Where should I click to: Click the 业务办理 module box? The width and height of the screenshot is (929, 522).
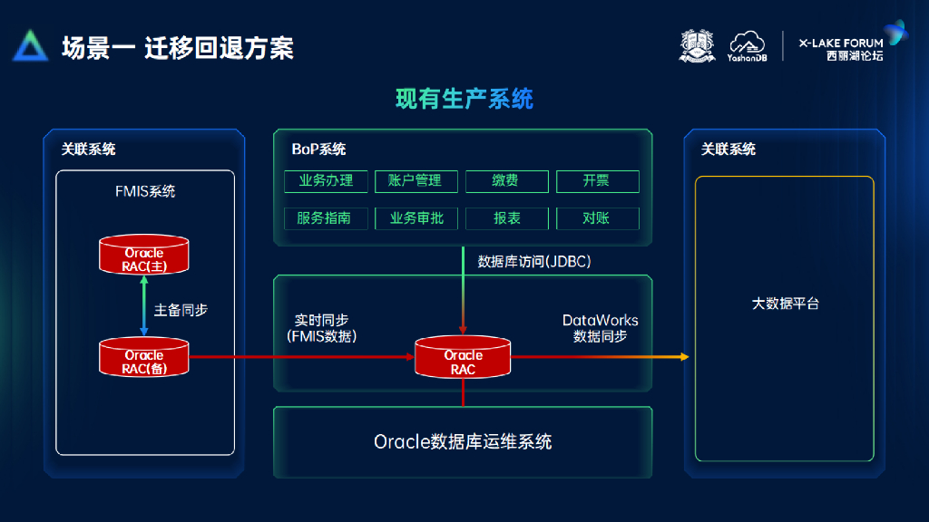click(325, 181)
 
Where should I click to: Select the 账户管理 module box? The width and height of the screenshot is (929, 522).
click(416, 181)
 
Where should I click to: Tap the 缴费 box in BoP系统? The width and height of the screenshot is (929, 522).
click(506, 181)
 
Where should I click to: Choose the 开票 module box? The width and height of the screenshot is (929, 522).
click(597, 181)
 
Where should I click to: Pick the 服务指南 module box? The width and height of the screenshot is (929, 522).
click(325, 218)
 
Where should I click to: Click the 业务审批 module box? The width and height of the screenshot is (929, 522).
click(416, 218)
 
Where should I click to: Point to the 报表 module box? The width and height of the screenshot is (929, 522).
click(506, 218)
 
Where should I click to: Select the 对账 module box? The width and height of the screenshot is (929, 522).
click(597, 218)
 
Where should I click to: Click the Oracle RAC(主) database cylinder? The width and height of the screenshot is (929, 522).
click(144, 255)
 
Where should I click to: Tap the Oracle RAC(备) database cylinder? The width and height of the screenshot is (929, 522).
click(144, 357)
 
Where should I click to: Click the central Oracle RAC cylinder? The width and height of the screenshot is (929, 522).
click(463, 358)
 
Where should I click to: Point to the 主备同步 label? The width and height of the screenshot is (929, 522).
click(181, 310)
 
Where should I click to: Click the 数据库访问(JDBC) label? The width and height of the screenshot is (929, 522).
click(533, 262)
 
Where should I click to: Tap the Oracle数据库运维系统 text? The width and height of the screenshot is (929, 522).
click(463, 442)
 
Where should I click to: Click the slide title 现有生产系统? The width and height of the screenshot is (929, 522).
click(464, 98)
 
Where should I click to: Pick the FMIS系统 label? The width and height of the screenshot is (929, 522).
click(145, 192)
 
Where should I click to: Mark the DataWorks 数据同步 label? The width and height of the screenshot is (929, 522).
click(600, 328)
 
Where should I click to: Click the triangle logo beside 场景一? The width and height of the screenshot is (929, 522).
click(30, 46)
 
